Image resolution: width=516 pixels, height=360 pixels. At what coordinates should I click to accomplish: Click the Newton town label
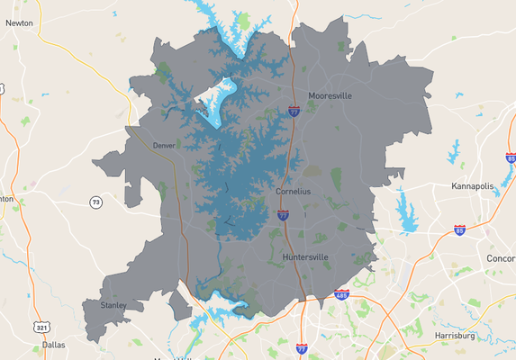click(19, 23)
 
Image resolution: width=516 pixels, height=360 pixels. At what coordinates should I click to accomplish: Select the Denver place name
click(164, 145)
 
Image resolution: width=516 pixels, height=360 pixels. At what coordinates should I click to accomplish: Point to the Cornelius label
click(293, 192)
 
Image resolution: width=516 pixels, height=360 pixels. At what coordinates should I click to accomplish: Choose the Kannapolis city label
click(474, 186)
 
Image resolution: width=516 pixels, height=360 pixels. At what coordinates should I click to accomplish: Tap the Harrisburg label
click(454, 335)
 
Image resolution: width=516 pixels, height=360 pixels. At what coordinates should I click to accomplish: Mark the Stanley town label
click(113, 305)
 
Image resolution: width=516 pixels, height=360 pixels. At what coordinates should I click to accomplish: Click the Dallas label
click(53, 344)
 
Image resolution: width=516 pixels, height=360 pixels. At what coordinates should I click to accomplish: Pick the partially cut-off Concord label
click(501, 258)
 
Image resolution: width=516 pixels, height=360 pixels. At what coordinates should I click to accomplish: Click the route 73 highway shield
click(95, 202)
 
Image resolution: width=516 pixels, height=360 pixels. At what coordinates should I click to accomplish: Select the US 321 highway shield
click(41, 327)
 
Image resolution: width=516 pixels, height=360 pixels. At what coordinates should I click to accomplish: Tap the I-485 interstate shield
click(341, 294)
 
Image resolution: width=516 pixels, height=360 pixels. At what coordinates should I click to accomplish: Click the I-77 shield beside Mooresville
click(294, 111)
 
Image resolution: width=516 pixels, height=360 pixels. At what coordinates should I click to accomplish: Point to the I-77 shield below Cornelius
click(283, 216)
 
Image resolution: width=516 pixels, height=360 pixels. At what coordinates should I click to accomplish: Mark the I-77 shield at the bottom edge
click(302, 348)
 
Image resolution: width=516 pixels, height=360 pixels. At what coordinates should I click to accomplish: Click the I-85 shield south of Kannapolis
click(460, 229)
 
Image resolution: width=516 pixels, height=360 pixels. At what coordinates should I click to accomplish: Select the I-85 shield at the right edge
click(511, 158)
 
